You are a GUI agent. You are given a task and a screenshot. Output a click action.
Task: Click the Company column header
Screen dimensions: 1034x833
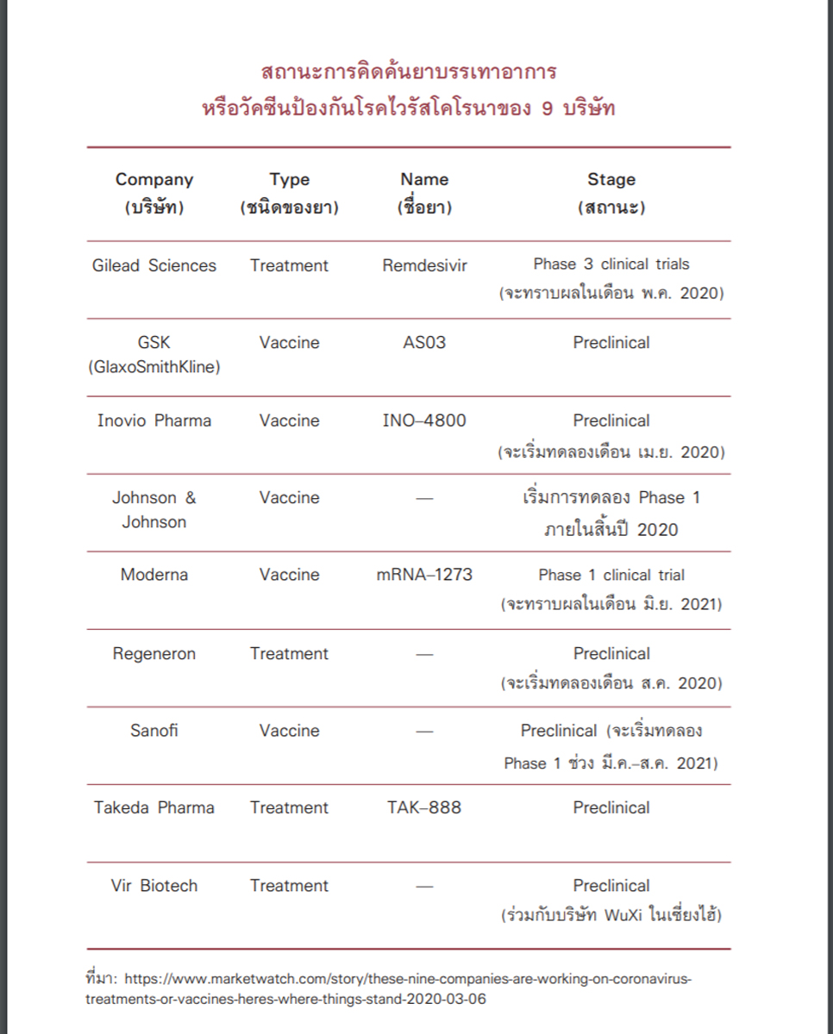[x=154, y=180]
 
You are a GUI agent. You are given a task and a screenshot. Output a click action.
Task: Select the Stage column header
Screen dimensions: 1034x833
[x=611, y=180]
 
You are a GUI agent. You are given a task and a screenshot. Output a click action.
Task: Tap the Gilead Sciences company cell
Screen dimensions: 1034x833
[x=154, y=265]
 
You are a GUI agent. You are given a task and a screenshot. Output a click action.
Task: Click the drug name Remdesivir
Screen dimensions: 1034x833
[x=424, y=265]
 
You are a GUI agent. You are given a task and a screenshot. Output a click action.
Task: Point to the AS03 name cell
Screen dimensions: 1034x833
[x=424, y=342]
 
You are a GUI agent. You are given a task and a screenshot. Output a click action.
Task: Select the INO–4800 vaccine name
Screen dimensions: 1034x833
[x=424, y=420]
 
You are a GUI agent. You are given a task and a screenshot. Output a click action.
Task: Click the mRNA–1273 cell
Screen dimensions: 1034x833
[x=424, y=575]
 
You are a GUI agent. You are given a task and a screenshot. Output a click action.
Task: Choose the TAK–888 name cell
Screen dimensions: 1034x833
[x=424, y=807]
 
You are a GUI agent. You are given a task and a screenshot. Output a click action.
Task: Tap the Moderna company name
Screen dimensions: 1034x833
[x=154, y=575]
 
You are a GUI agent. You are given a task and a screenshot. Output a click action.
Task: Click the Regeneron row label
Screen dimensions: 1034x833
[x=154, y=653]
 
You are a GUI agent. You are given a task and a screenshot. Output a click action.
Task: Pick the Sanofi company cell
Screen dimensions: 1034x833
[x=154, y=731]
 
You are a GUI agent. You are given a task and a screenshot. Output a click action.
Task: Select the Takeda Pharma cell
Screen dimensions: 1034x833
[x=154, y=807]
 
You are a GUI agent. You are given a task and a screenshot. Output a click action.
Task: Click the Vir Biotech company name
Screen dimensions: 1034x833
[x=154, y=886]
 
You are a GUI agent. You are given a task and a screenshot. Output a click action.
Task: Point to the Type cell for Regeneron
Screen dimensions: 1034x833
[x=289, y=653]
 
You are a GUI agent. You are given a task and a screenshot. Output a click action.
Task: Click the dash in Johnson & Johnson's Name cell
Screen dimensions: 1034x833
[x=424, y=498]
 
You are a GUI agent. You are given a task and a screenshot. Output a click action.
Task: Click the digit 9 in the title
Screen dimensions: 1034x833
[x=548, y=110]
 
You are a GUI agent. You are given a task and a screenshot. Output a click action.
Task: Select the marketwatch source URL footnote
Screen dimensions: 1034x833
[x=388, y=988]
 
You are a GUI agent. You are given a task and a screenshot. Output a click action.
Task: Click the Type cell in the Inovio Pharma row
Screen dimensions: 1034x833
[x=289, y=420]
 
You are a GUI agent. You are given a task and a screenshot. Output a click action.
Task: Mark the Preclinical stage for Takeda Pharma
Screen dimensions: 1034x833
[x=611, y=807]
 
